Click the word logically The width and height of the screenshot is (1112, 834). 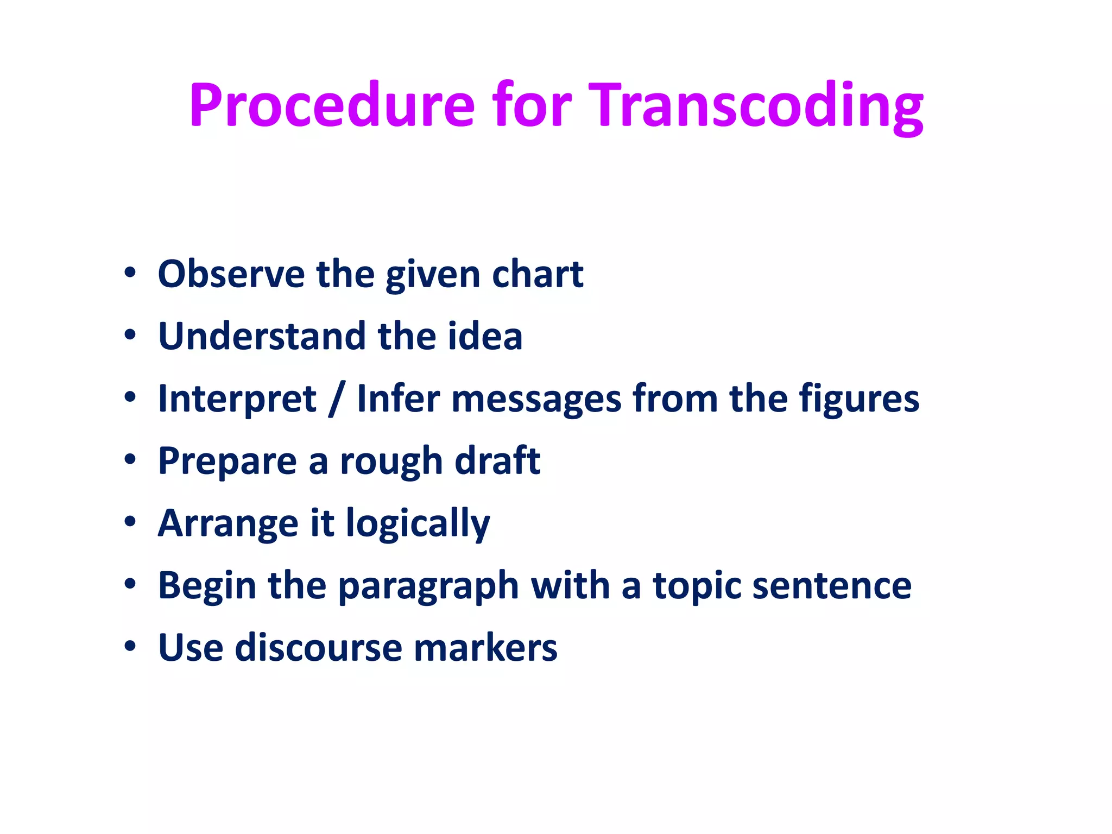(418, 525)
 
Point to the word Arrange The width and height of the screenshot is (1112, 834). (228, 525)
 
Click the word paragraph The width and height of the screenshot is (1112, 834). (428, 587)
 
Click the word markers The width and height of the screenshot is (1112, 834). (485, 648)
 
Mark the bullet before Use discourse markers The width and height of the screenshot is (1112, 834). (130, 647)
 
